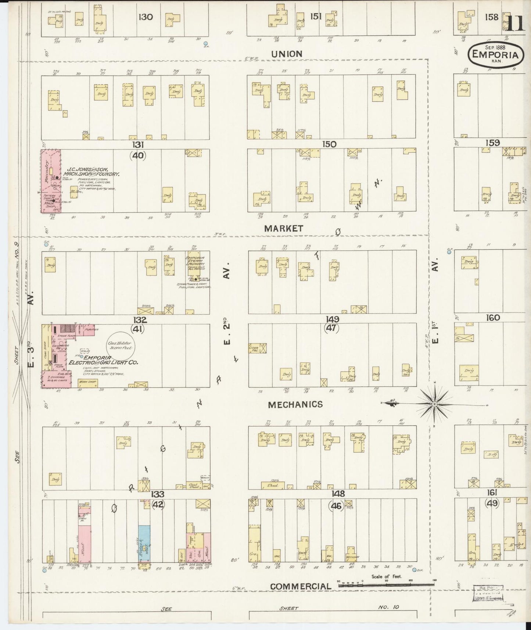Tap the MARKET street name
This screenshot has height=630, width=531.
283,228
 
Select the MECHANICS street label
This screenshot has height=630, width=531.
295,404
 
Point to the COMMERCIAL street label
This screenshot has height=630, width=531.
300,586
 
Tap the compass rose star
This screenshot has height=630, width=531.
434,404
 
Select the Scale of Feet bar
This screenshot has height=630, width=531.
386,584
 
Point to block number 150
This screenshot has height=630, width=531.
329,144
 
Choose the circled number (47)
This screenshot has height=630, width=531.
331,328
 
